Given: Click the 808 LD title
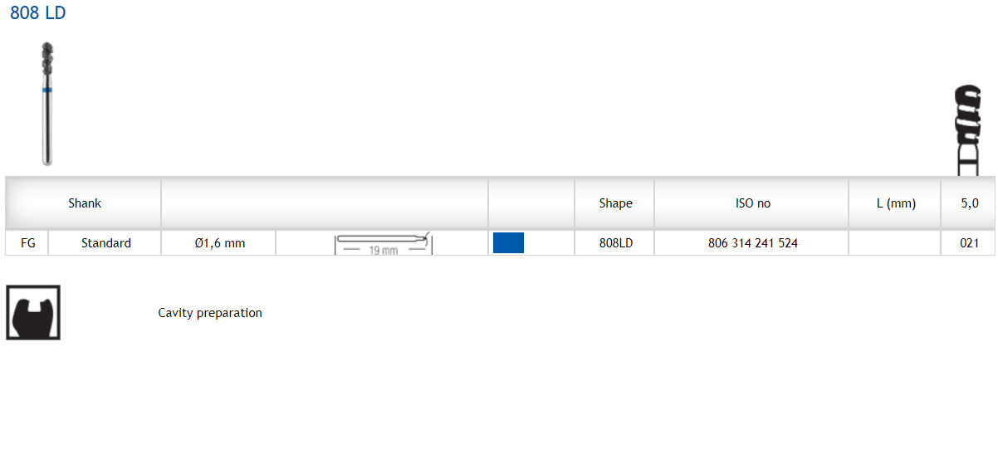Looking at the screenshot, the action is tap(38, 13).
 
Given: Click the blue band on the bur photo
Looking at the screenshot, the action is tap(47, 90).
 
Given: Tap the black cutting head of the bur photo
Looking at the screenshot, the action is tap(47, 58).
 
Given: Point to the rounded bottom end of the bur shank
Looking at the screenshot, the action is tap(47, 162).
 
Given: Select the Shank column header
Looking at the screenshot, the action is tap(85, 203).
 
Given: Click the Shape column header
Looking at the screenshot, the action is tap(616, 203).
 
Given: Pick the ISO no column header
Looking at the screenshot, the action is tap(753, 203).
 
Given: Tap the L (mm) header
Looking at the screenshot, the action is tap(896, 203).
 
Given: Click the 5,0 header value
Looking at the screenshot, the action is tap(970, 203).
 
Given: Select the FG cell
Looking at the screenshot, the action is tap(27, 243).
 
